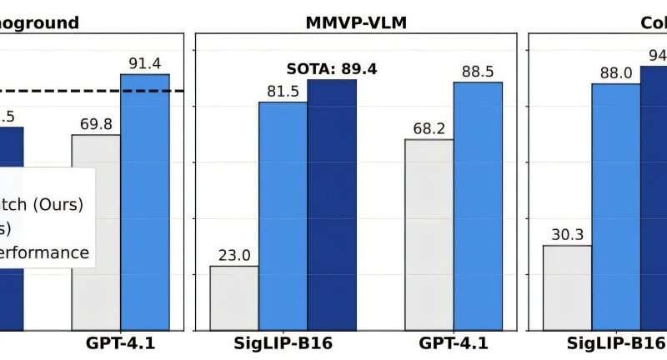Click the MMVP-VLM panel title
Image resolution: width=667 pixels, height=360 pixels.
[356, 22]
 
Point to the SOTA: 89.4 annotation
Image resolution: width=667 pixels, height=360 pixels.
[332, 69]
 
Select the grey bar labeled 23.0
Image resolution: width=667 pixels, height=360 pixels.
[234, 297]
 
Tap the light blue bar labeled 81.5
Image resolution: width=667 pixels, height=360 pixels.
[283, 215]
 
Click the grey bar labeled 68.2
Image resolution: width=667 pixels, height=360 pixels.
[429, 234]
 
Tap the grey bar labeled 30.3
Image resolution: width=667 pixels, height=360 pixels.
[567, 287]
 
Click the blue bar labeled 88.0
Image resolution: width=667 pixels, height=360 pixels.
[616, 206]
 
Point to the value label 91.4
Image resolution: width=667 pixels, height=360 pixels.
[145, 62]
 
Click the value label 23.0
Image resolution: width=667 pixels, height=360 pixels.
[234, 255]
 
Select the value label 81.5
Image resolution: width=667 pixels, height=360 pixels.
[283, 91]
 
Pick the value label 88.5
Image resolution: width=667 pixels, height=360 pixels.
[478, 71]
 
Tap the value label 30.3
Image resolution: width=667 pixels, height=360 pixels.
[567, 234]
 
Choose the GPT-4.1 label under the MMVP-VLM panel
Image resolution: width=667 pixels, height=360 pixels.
[454, 343]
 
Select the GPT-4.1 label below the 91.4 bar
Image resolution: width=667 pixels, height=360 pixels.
[121, 343]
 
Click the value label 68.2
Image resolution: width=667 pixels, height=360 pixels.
[429, 128]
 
